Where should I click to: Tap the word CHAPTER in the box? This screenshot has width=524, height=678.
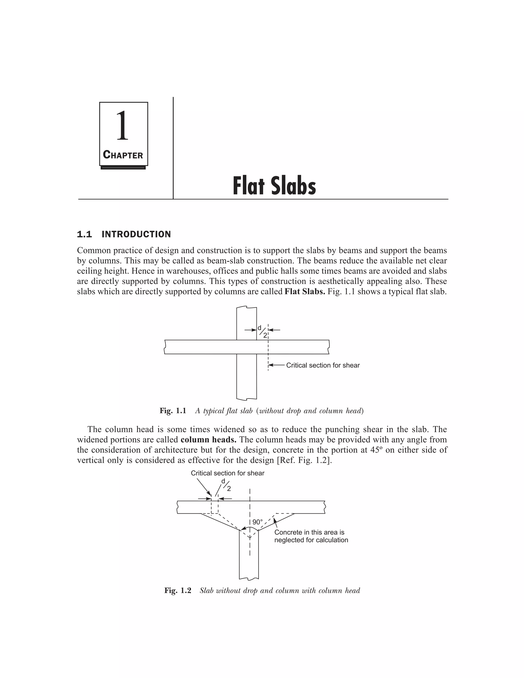(x=123, y=155)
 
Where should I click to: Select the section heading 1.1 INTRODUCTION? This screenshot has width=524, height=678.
(x=124, y=234)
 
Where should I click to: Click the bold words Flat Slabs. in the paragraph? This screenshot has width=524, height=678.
(x=304, y=292)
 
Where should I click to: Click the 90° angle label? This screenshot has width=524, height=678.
(x=257, y=522)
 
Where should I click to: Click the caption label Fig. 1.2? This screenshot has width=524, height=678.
(x=178, y=590)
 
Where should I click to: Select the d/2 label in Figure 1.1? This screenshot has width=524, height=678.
(x=263, y=331)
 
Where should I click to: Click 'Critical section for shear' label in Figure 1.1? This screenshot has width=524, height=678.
(x=323, y=365)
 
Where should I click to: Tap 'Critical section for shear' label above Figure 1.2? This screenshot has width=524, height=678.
(x=227, y=473)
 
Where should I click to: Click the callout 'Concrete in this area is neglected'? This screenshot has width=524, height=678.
(x=311, y=536)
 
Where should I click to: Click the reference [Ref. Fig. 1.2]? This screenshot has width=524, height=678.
(x=304, y=460)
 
